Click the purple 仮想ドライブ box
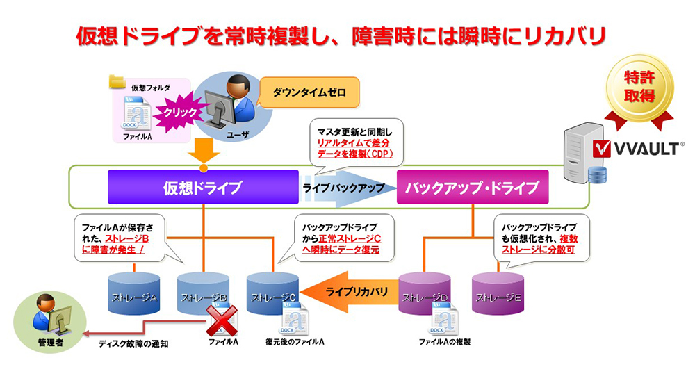[202, 188]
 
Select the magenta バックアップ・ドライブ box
[473, 188]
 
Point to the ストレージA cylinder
[134, 295]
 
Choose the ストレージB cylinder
[203, 295]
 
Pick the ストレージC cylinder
[272, 295]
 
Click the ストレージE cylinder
[497, 295]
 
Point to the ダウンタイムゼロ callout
[309, 90]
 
